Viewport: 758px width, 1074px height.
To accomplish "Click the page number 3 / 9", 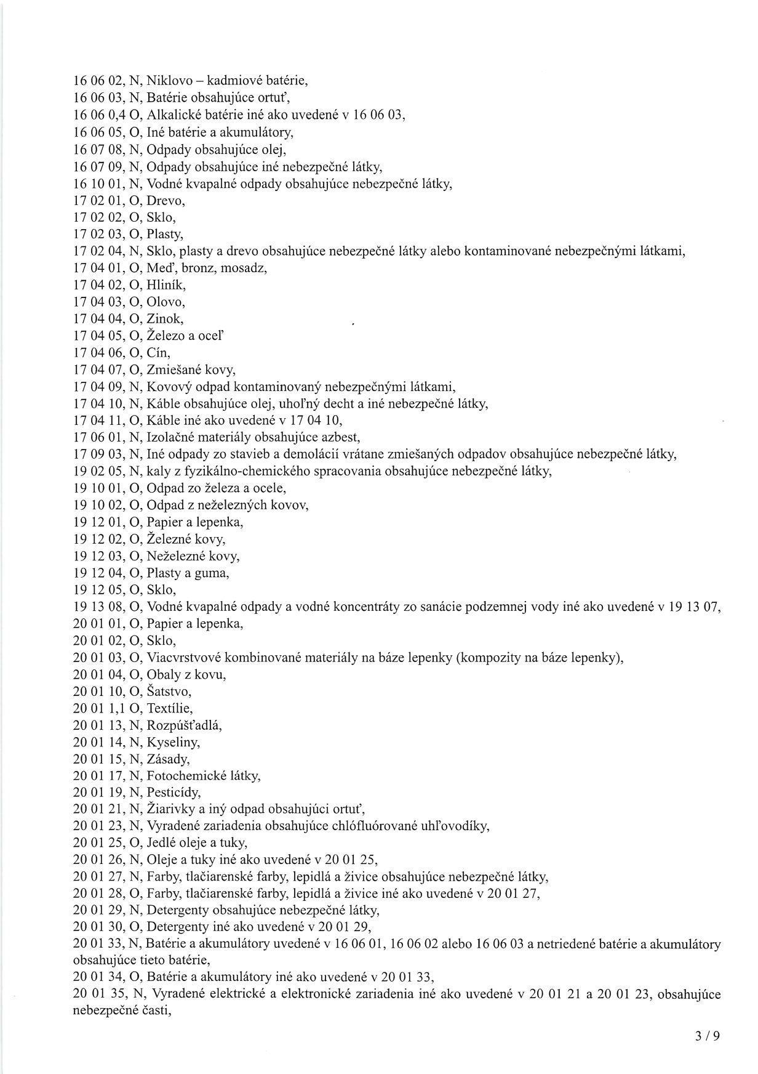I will (x=707, y=1036).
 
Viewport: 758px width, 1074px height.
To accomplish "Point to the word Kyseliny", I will (x=174, y=742).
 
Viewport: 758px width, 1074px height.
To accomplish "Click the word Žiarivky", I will (x=169, y=809).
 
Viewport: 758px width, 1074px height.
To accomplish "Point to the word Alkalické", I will (x=172, y=114).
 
